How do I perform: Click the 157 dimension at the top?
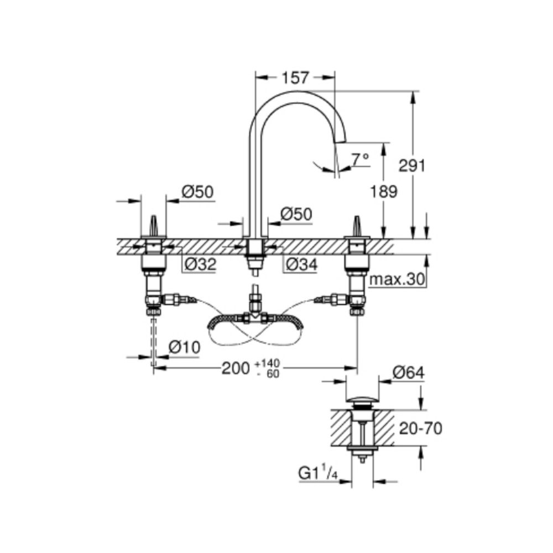pos(293,79)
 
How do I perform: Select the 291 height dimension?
pos(411,165)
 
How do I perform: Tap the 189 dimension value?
pos(383,192)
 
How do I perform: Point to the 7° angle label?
pos(360,159)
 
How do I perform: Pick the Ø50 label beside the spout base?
pos(296,214)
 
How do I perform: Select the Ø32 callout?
pos(199,265)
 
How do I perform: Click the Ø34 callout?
pos(301,265)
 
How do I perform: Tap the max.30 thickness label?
pos(397,280)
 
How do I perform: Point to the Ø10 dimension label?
pos(183,347)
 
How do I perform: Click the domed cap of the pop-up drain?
pos(362,399)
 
